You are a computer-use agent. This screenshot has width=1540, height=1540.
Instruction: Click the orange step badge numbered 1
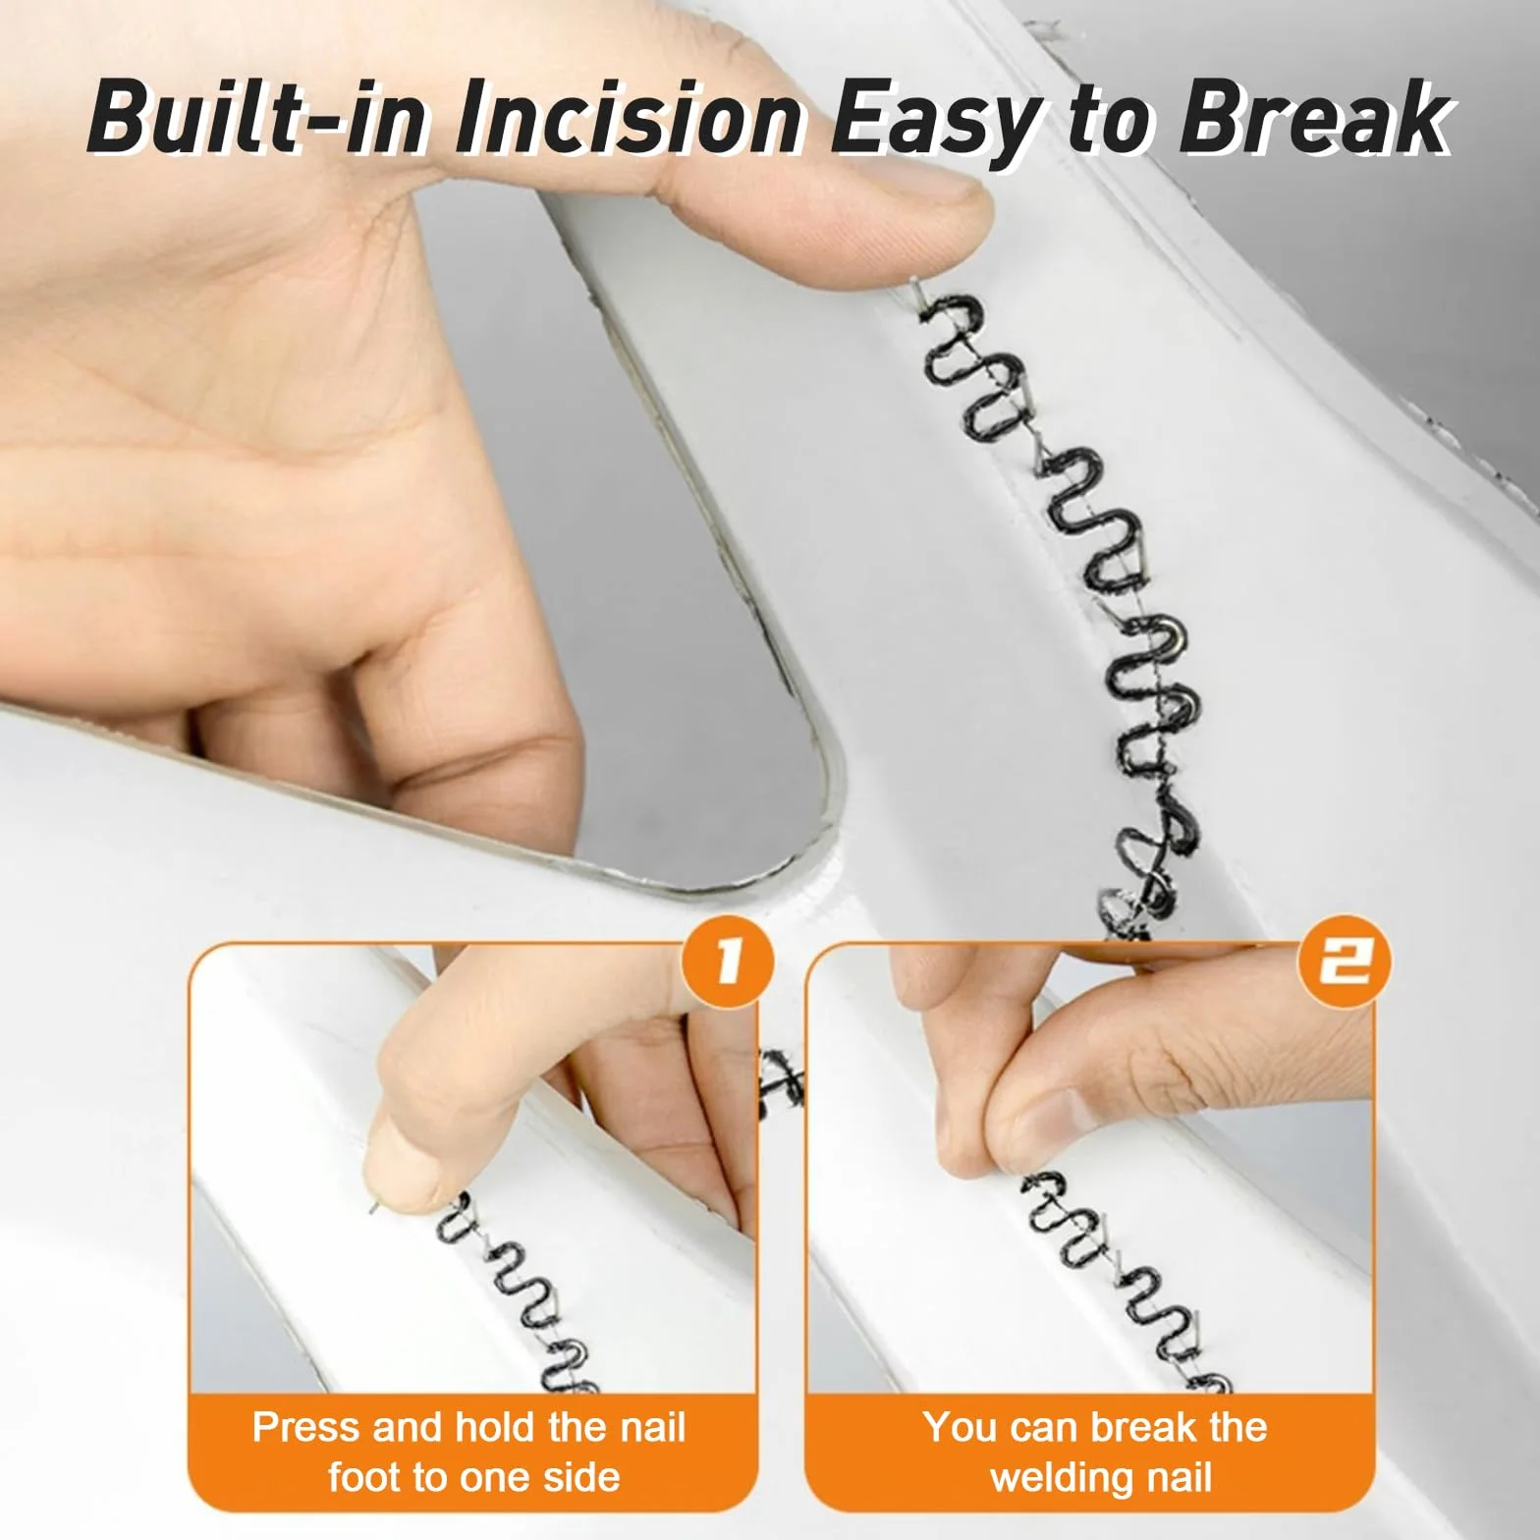pyautogui.click(x=726, y=961)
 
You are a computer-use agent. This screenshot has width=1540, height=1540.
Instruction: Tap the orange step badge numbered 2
pyautogui.click(x=1347, y=961)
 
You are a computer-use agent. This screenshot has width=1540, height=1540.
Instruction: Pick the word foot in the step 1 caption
pyautogui.click(x=368, y=1477)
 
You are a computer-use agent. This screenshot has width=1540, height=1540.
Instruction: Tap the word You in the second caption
pyautogui.click(x=961, y=1427)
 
